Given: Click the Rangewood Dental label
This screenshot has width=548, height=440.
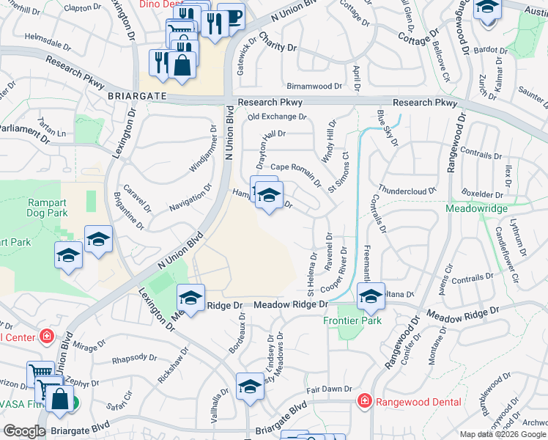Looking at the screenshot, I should pos(418,401).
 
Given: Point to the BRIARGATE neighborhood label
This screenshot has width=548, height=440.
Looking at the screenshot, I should pos(137,96).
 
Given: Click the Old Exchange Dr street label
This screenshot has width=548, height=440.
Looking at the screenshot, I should pos(276,117).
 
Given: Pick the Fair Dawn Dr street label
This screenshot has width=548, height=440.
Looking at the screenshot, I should pos(330,389).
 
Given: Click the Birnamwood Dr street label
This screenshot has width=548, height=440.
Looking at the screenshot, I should pos(315,86).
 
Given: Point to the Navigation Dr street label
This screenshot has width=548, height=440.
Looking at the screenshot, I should pos(190,198).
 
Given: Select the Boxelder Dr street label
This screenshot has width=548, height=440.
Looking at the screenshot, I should pos(484,196).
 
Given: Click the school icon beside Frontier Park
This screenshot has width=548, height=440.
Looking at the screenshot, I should pos(371,297).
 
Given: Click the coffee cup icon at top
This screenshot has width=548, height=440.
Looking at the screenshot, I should pos(232,17).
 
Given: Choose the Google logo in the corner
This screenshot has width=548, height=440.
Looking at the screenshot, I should pos(23,431).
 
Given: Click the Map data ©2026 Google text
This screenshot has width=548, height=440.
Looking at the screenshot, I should pos(502,434).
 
